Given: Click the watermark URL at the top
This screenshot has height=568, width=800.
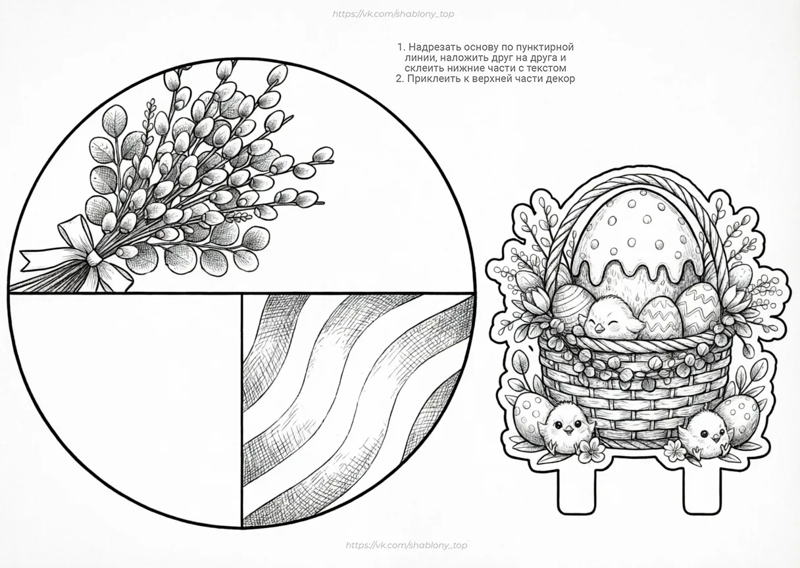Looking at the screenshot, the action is click(393, 14).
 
